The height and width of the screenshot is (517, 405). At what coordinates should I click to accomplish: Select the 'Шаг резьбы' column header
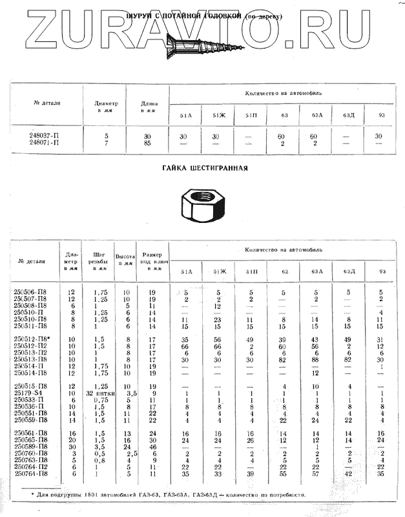99,261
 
